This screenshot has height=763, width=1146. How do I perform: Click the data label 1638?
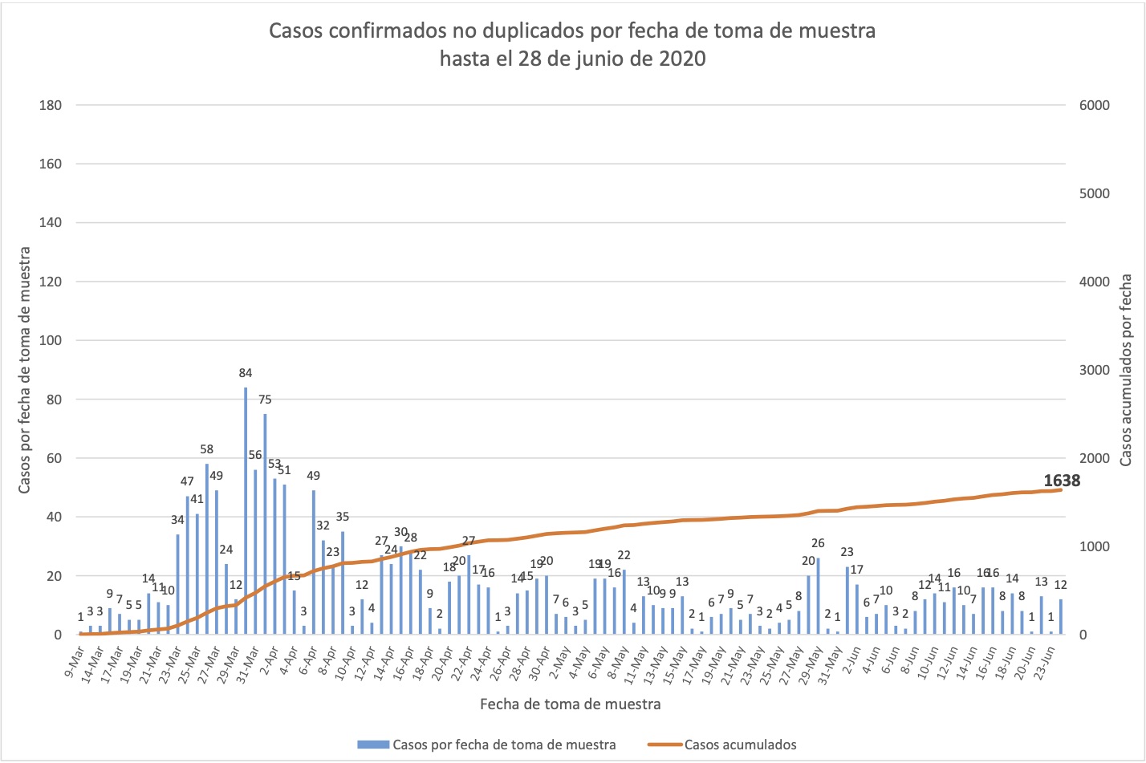[x=1062, y=481]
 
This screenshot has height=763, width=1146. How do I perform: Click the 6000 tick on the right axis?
[x=1095, y=105]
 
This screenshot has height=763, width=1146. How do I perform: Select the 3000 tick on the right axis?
[x=1095, y=370]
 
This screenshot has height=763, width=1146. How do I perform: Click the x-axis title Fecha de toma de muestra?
[x=571, y=704]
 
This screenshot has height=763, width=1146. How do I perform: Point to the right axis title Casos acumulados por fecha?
[x=1126, y=370]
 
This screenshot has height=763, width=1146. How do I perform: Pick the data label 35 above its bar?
[x=343, y=517]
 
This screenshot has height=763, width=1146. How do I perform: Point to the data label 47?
[x=187, y=481]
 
